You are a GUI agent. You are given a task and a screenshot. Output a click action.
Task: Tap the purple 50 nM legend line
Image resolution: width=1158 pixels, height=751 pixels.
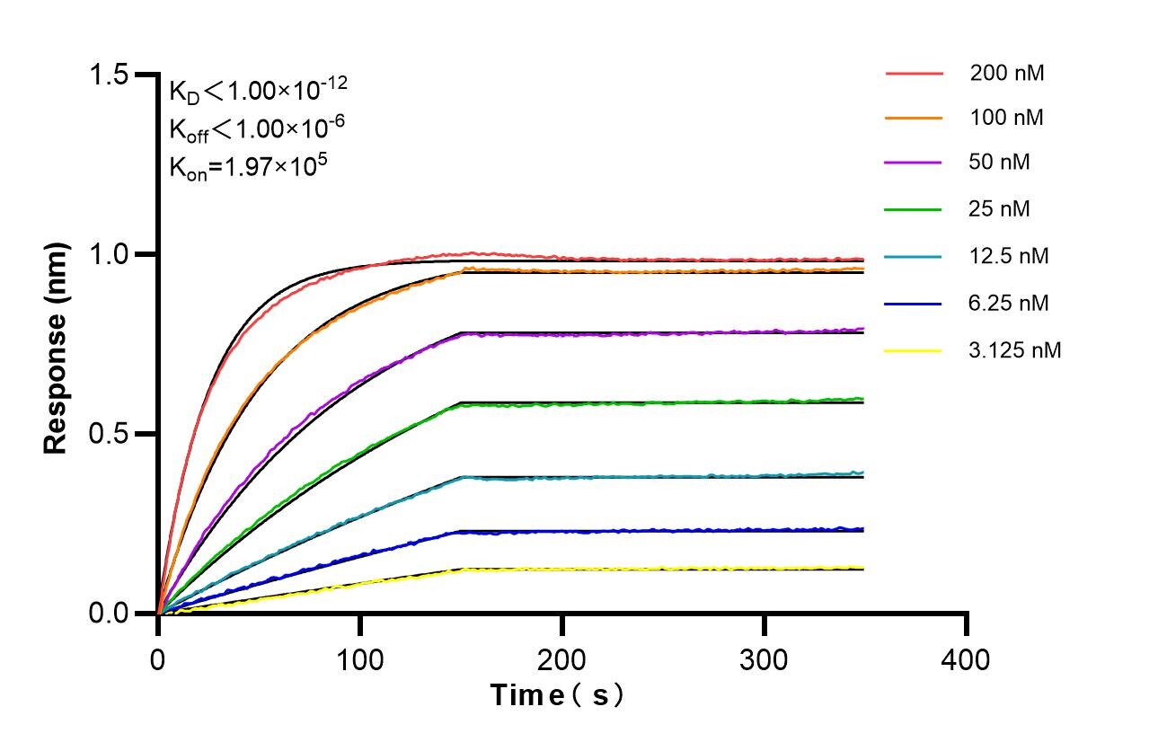[915, 163]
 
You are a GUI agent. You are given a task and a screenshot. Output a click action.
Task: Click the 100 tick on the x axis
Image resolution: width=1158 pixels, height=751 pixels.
[360, 660]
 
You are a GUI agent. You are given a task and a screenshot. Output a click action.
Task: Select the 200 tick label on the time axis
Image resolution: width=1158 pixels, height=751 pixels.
[562, 660]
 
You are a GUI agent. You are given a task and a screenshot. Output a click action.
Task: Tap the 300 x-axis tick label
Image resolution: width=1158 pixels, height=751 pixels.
[765, 660]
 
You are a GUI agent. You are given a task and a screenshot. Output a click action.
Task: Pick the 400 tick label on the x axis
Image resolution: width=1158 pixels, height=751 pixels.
[967, 660]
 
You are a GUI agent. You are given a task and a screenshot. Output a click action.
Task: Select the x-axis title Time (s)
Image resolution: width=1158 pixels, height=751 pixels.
[557, 695]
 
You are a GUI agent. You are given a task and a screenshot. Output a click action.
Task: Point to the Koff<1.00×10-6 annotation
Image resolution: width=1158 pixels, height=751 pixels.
[257, 129]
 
